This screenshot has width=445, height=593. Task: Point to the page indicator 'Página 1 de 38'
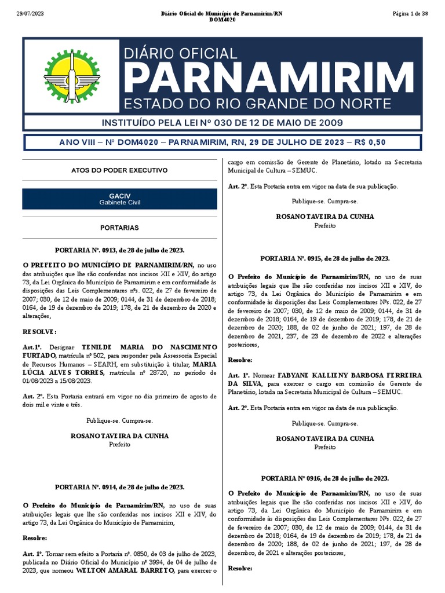[410, 13]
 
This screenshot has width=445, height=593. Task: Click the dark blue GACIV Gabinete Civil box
[119, 199]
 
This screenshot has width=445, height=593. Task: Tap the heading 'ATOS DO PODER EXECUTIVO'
[119, 171]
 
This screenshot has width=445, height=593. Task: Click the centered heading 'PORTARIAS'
[119, 228]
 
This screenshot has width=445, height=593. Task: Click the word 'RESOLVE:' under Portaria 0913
[39, 332]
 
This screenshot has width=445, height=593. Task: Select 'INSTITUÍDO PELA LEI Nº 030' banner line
[222, 123]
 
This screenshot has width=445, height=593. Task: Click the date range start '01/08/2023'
[38, 381]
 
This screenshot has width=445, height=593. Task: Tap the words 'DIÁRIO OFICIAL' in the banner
[181, 53]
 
